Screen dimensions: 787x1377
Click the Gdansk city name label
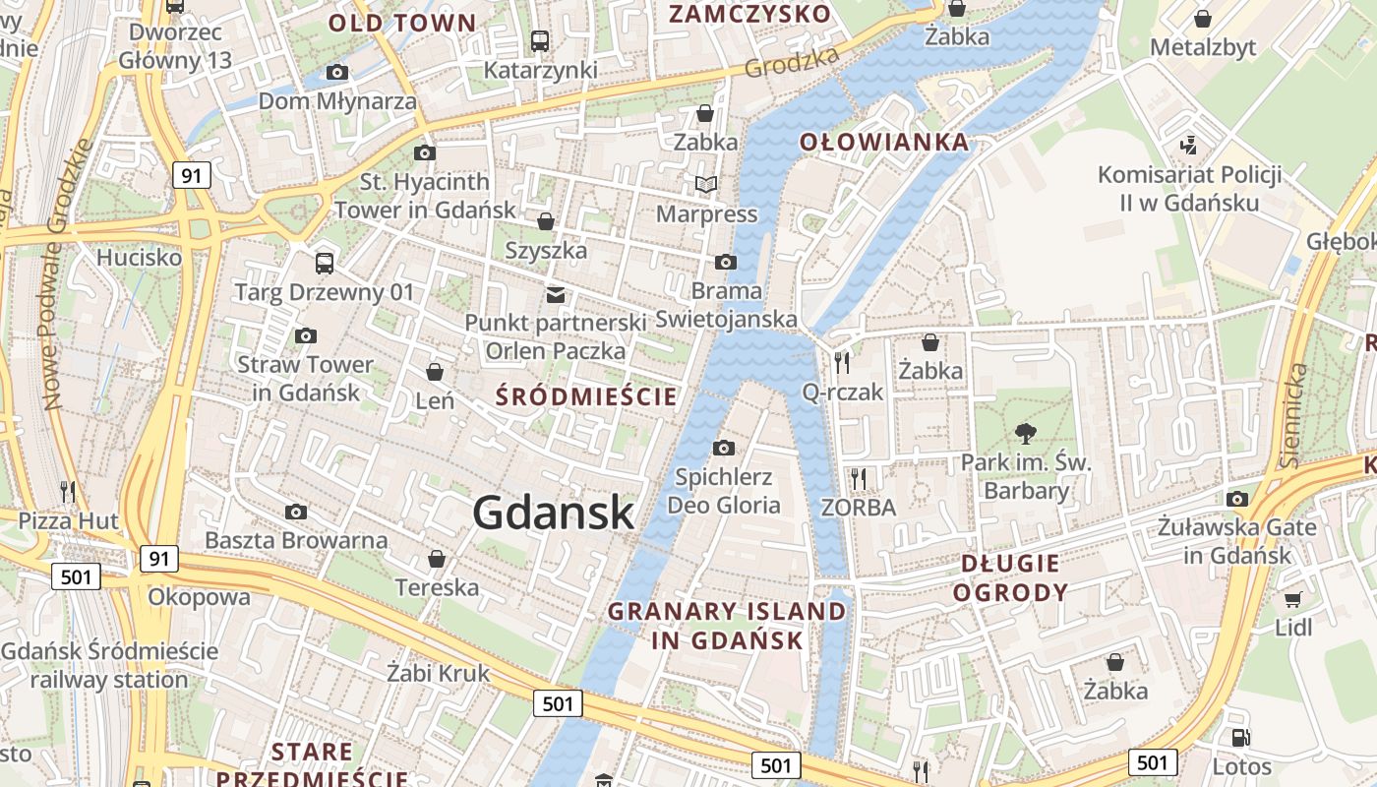(x=553, y=513)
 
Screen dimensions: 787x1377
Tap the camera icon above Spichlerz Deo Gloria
(x=724, y=449)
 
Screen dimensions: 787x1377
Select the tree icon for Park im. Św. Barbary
(x=1026, y=433)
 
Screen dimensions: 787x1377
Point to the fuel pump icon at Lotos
(x=1241, y=737)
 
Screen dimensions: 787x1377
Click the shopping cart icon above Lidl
(x=1293, y=598)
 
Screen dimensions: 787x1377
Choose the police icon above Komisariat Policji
(x=1189, y=146)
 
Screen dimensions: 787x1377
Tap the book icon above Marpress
(x=706, y=184)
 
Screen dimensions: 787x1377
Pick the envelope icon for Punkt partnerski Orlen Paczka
(x=556, y=294)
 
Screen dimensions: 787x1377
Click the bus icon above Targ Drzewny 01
(x=324, y=263)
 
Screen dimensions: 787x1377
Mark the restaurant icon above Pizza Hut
(x=68, y=491)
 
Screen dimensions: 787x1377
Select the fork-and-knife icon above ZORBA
(x=859, y=479)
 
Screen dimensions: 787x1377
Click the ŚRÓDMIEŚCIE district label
(x=587, y=396)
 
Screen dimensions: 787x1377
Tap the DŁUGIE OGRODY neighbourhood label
(x=1010, y=577)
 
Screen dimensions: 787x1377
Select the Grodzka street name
(x=792, y=62)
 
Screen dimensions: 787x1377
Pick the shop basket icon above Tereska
(x=437, y=559)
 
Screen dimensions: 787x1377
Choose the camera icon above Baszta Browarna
(x=295, y=512)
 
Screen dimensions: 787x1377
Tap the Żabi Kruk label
(x=438, y=674)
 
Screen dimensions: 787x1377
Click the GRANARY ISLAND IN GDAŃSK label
(x=727, y=626)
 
